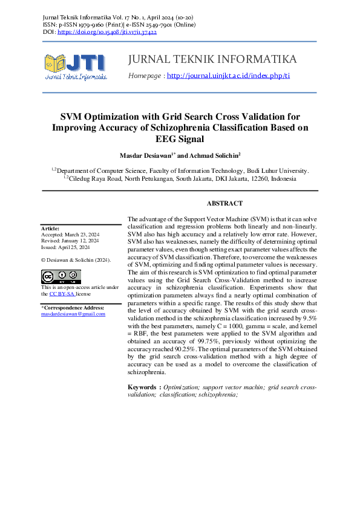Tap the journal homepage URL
(x=228, y=76)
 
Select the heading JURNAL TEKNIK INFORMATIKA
(x=212, y=59)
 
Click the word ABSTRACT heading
(x=224, y=204)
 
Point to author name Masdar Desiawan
(x=146, y=155)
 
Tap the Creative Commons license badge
(x=61, y=277)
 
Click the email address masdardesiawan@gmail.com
(x=73, y=314)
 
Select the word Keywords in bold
(x=143, y=387)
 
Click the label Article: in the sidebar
(x=50, y=229)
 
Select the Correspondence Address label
(x=73, y=308)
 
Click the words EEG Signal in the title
(x=180, y=139)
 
